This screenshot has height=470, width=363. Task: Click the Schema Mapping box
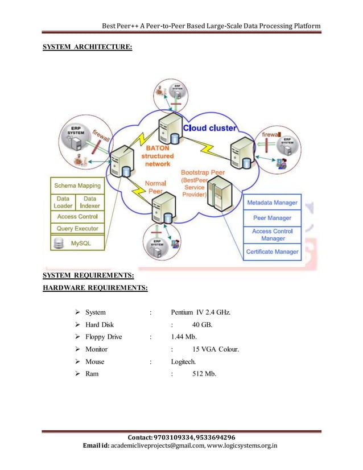pyautogui.click(x=77, y=185)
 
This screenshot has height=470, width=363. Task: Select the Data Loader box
pyautogui.click(x=63, y=201)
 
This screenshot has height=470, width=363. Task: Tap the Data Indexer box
pyautogui.click(x=90, y=201)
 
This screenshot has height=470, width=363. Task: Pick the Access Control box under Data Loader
pyautogui.click(x=77, y=217)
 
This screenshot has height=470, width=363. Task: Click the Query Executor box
pyautogui.click(x=77, y=229)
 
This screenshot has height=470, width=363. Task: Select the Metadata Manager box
pyautogui.click(x=272, y=202)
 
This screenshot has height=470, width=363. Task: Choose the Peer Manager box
pyautogui.click(x=272, y=217)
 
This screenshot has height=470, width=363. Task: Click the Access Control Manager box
pyautogui.click(x=272, y=234)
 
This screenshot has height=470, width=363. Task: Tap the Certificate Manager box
pyautogui.click(x=272, y=252)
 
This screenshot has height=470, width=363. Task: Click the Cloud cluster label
pyautogui.click(x=209, y=128)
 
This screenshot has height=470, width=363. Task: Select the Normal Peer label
pyautogui.click(x=155, y=188)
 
